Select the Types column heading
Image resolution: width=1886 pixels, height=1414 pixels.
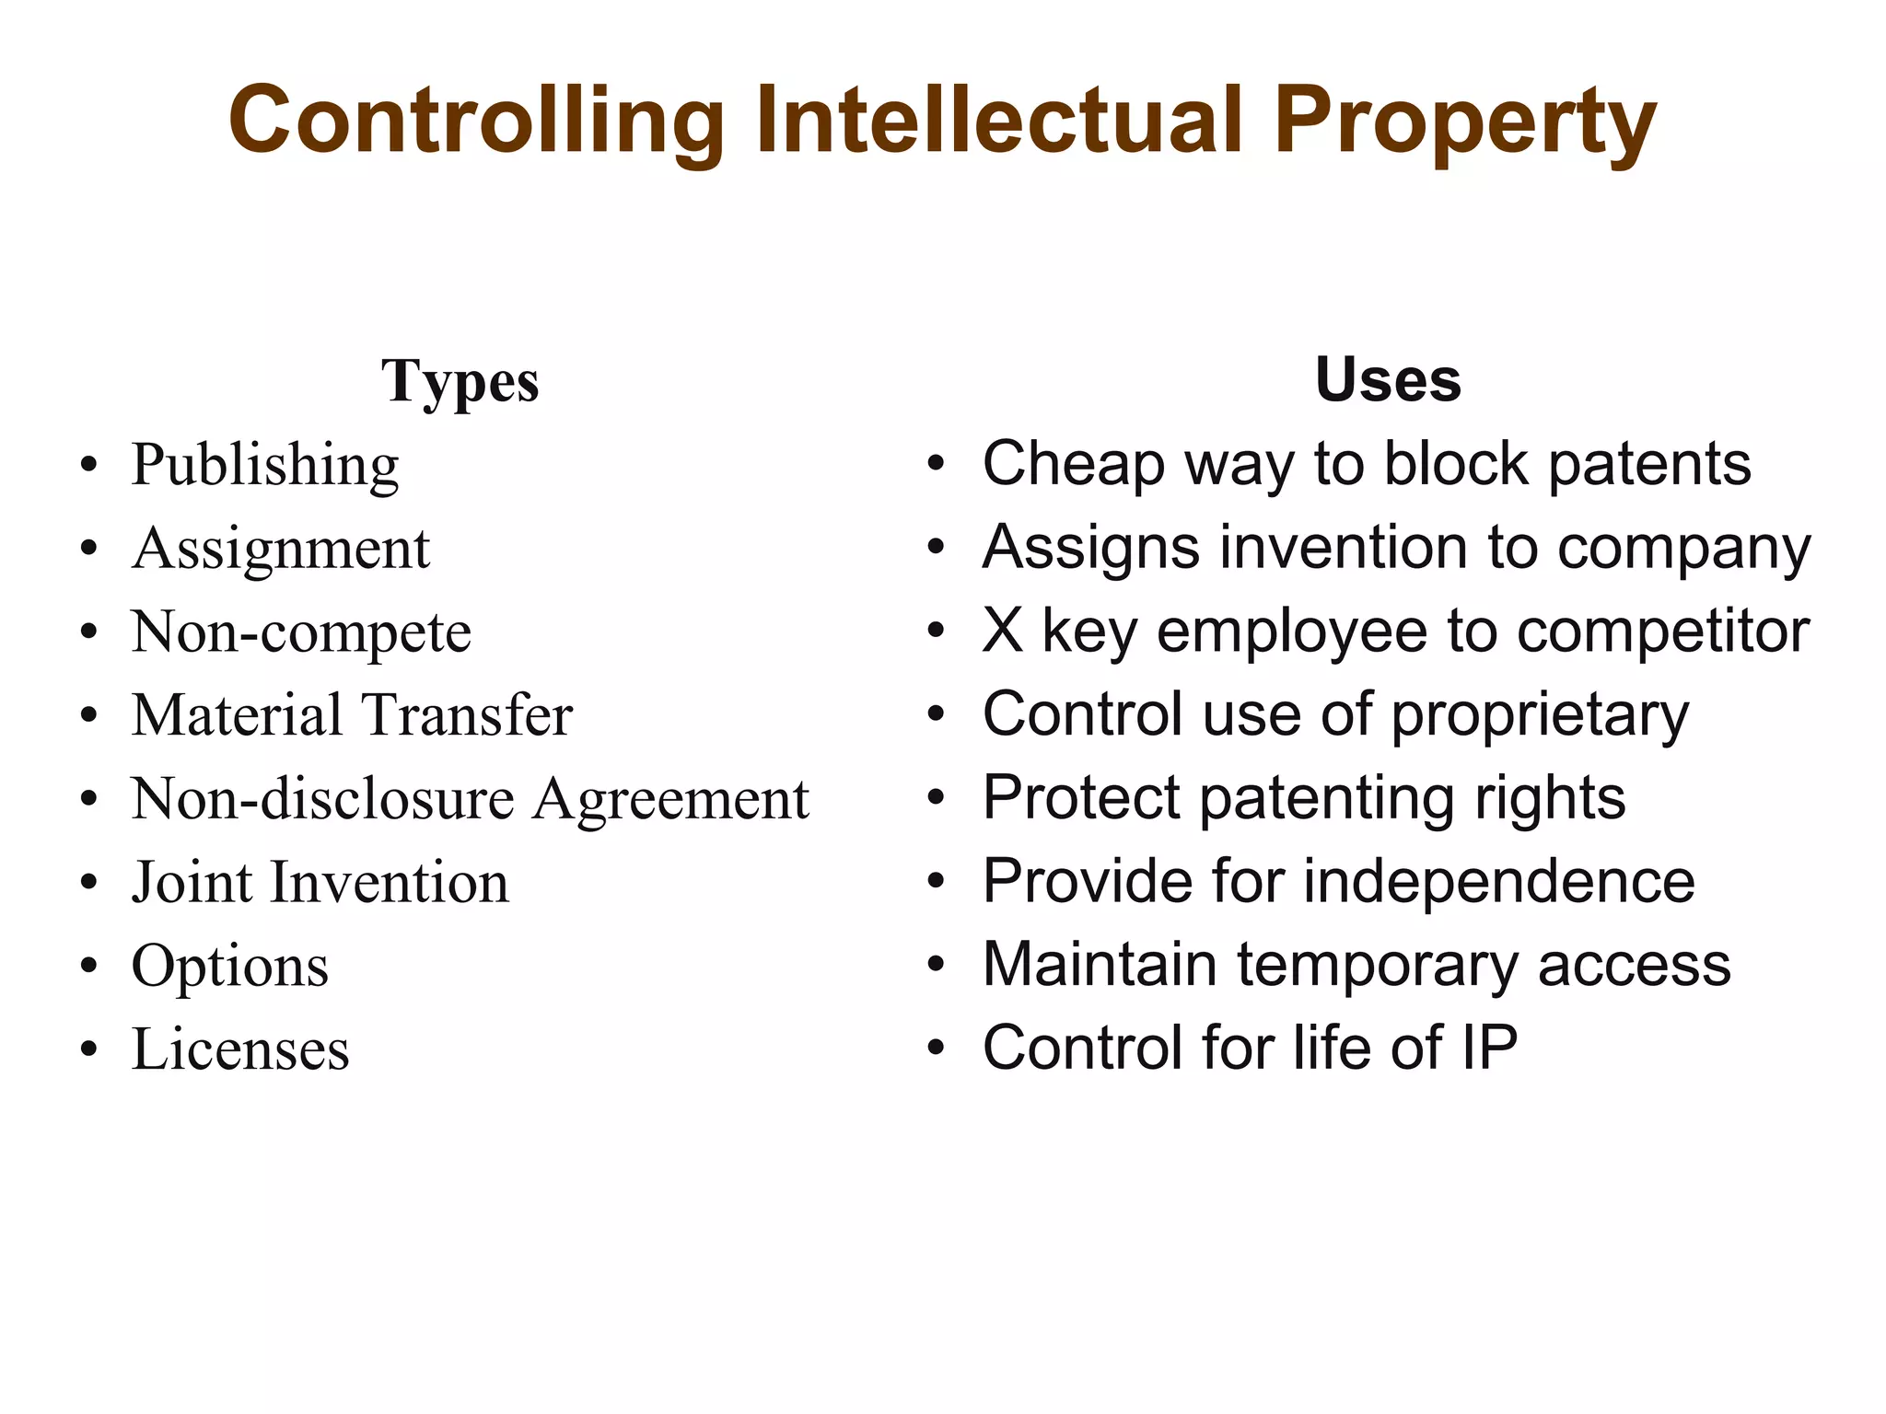[460, 381]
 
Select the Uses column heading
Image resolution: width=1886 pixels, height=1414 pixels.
[1388, 379]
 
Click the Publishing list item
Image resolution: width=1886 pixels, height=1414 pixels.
[265, 466]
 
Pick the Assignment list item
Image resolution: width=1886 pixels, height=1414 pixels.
[281, 550]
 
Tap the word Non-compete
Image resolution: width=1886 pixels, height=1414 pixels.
[301, 633]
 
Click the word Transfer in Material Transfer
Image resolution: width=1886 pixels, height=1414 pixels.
[467, 715]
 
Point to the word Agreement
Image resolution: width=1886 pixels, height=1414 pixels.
[671, 799]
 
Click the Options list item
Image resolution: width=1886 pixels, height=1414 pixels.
[230, 967]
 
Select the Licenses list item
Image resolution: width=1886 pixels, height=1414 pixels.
[240, 1049]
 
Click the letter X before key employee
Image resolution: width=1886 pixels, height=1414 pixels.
[1003, 632]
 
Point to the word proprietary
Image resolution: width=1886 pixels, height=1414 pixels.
[1540, 716]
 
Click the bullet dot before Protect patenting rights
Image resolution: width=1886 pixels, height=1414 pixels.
[937, 800]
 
